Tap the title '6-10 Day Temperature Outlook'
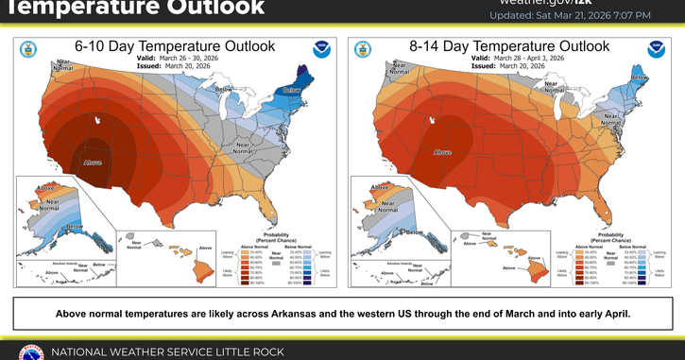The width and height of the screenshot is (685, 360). tap(175, 45)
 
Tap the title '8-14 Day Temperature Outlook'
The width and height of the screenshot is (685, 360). tap(507, 45)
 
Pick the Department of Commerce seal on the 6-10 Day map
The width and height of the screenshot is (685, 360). tap(27, 49)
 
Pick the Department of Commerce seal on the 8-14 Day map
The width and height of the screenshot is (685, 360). tap(360, 49)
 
